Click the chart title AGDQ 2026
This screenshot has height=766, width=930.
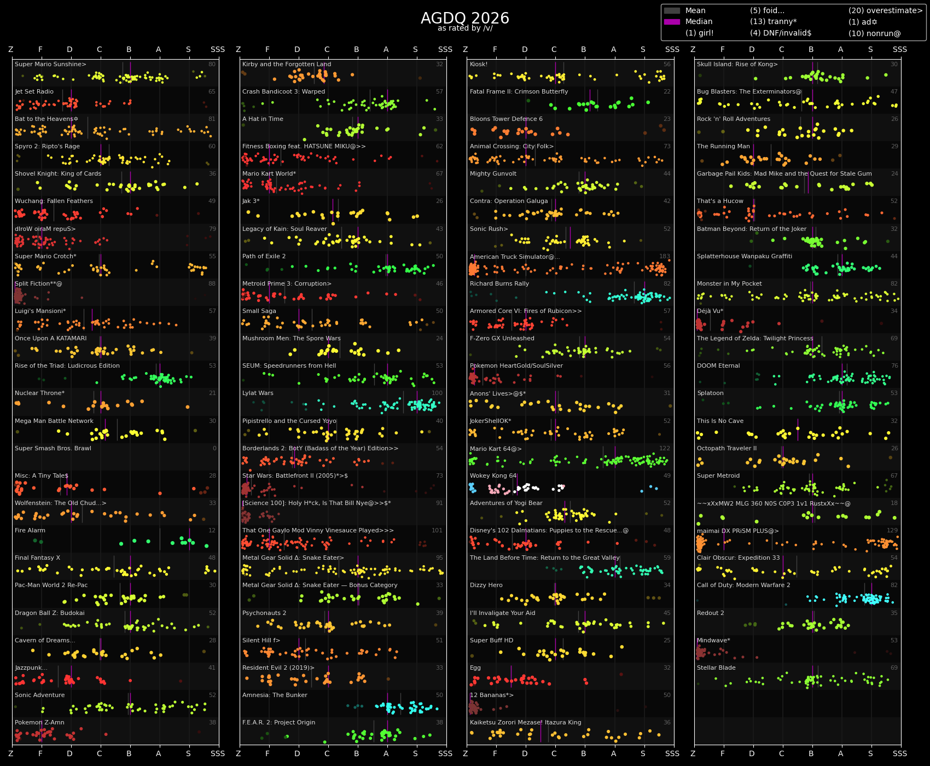point(464,18)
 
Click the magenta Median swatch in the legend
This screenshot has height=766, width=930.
point(671,22)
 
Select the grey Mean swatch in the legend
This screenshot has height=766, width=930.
point(671,10)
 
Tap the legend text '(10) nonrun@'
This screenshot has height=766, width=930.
point(874,33)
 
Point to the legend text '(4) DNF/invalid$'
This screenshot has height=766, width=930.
point(780,33)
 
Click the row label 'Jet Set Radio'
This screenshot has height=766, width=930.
point(34,92)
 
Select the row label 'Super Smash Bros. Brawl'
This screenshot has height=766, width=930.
point(53,449)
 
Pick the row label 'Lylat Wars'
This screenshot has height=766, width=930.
point(258,393)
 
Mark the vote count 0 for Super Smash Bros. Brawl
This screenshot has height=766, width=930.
point(214,449)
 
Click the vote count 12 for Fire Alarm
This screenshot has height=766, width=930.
point(212,531)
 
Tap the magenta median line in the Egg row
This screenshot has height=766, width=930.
point(511,676)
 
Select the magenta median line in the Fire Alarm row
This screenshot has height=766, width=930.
point(189,539)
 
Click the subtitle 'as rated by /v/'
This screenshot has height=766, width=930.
point(464,28)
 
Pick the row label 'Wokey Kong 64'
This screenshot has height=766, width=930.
point(493,476)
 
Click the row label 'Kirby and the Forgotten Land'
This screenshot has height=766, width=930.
point(286,65)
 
